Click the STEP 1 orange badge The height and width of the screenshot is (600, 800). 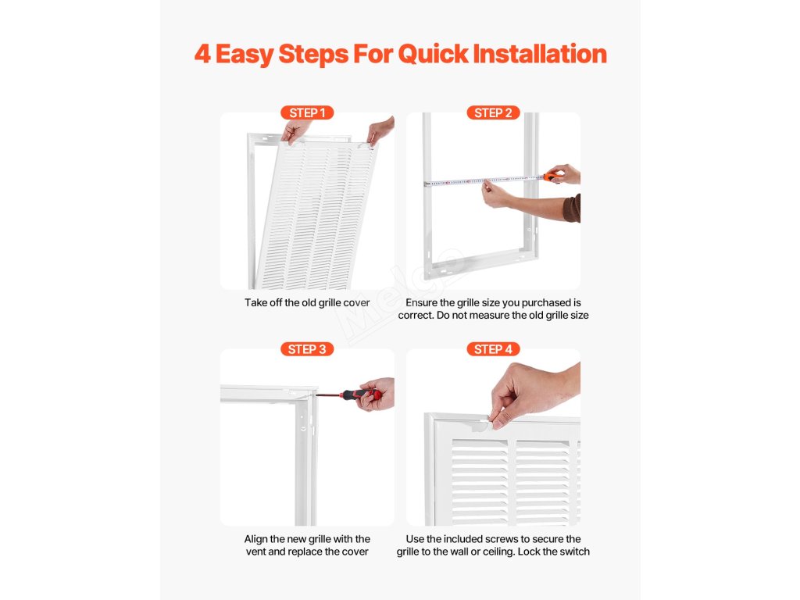pyautogui.click(x=307, y=112)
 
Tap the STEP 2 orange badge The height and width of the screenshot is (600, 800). pyautogui.click(x=494, y=112)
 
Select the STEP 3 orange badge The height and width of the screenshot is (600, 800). pyautogui.click(x=307, y=349)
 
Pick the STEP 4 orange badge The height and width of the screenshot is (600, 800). pyautogui.click(x=494, y=349)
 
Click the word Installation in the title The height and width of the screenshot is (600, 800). pyautogui.click(x=540, y=54)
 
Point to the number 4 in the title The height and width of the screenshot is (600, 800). pyautogui.click(x=202, y=54)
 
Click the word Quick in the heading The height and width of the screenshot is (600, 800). pyautogui.click(x=433, y=54)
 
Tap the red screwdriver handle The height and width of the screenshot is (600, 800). pyautogui.click(x=361, y=394)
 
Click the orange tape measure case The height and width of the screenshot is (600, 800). pyautogui.click(x=551, y=177)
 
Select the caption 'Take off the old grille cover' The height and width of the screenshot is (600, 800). pyautogui.click(x=307, y=302)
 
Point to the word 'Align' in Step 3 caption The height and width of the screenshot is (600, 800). pyautogui.click(x=255, y=539)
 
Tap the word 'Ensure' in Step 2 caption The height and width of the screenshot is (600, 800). pyautogui.click(x=422, y=302)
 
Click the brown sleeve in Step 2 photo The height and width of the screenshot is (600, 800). pyautogui.click(x=572, y=208)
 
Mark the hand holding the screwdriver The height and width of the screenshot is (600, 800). pyautogui.click(x=377, y=394)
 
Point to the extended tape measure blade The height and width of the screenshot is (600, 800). pyautogui.click(x=484, y=180)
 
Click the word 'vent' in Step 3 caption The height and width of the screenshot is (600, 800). pyautogui.click(x=255, y=552)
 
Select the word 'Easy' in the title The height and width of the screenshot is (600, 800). pyautogui.click(x=245, y=55)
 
